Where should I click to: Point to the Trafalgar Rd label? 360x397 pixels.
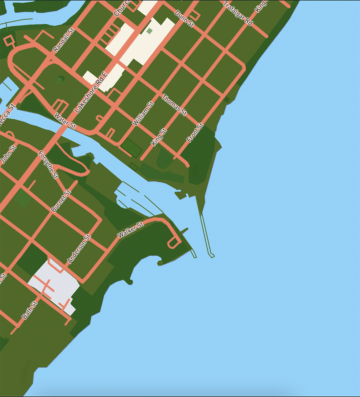pyautogui.click(x=238, y=13)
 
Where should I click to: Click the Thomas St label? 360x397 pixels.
pyautogui.click(x=175, y=105)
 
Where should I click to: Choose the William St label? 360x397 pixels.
pyautogui.click(x=143, y=114)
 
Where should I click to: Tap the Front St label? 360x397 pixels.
pyautogui.click(x=195, y=133)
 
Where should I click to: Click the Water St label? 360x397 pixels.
pyautogui.click(x=65, y=121)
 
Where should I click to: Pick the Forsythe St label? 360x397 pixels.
pyautogui.click(x=48, y=165)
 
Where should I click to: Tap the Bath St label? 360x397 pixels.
pyautogui.click(x=30, y=310)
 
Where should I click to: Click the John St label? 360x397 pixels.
pyautogui.click(x=9, y=154)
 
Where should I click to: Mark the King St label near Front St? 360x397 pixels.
pyautogui.click(x=159, y=137)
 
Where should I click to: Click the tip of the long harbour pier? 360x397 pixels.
pyautogui.click(x=212, y=256)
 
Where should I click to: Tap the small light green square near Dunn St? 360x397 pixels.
pyautogui.click(x=149, y=31)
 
